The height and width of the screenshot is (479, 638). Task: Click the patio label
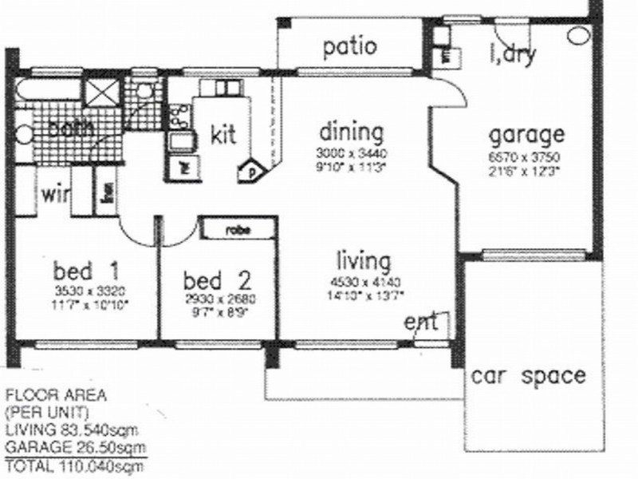tap(349, 46)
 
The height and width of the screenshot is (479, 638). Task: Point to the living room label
tap(363, 262)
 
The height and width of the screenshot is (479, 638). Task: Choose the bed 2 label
tap(217, 280)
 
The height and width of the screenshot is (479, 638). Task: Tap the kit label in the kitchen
tap(223, 134)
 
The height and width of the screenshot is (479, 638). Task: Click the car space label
tap(539, 375)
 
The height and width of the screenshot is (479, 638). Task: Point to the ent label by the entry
tap(420, 323)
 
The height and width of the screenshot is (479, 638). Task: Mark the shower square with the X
tap(101, 96)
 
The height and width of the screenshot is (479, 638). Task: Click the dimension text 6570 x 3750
tap(526, 156)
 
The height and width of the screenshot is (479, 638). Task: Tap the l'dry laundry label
tap(511, 56)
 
